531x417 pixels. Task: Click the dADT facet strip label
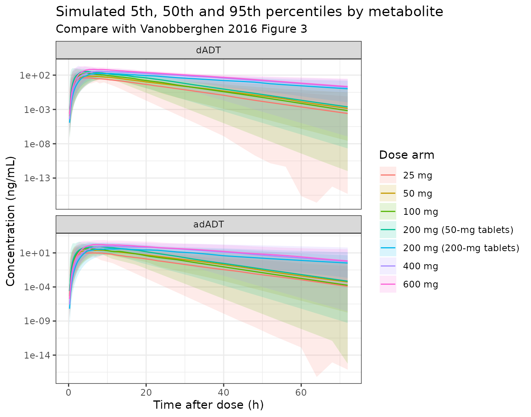point(209,50)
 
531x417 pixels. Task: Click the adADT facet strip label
point(209,224)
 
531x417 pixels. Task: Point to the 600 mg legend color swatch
point(388,284)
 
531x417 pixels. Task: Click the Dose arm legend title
point(407,155)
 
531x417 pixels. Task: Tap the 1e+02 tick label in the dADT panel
point(35,75)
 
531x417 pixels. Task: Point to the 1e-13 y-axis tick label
point(37,178)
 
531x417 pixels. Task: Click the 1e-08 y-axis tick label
point(37,144)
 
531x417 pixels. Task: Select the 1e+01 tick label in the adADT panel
point(35,253)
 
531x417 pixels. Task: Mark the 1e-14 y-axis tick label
point(37,355)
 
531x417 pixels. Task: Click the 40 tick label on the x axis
point(224,393)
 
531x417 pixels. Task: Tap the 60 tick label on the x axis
point(301,393)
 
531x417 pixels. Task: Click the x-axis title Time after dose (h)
point(209,405)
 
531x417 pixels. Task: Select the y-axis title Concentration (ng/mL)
point(11,221)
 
